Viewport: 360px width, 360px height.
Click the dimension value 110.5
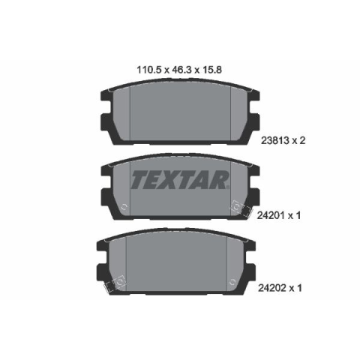(x=148, y=70)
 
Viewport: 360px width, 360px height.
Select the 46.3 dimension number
(x=181, y=70)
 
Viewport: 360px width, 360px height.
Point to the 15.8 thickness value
(x=211, y=70)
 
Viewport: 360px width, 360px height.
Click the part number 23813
(x=275, y=140)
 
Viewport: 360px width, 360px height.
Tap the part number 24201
(x=271, y=215)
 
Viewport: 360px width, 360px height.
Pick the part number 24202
(x=272, y=288)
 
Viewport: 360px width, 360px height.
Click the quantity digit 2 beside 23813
(x=302, y=140)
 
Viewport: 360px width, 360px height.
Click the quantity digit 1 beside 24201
(x=298, y=215)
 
